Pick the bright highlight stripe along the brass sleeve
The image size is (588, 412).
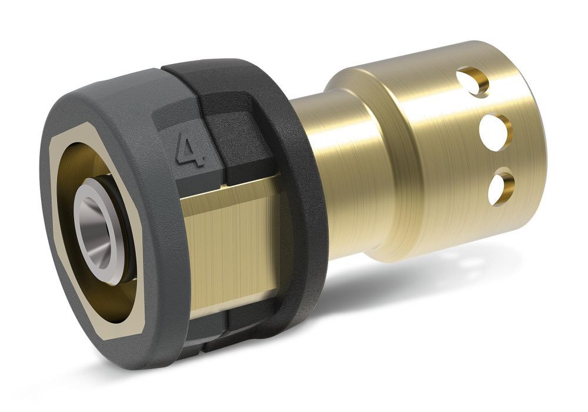pos(423,147)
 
